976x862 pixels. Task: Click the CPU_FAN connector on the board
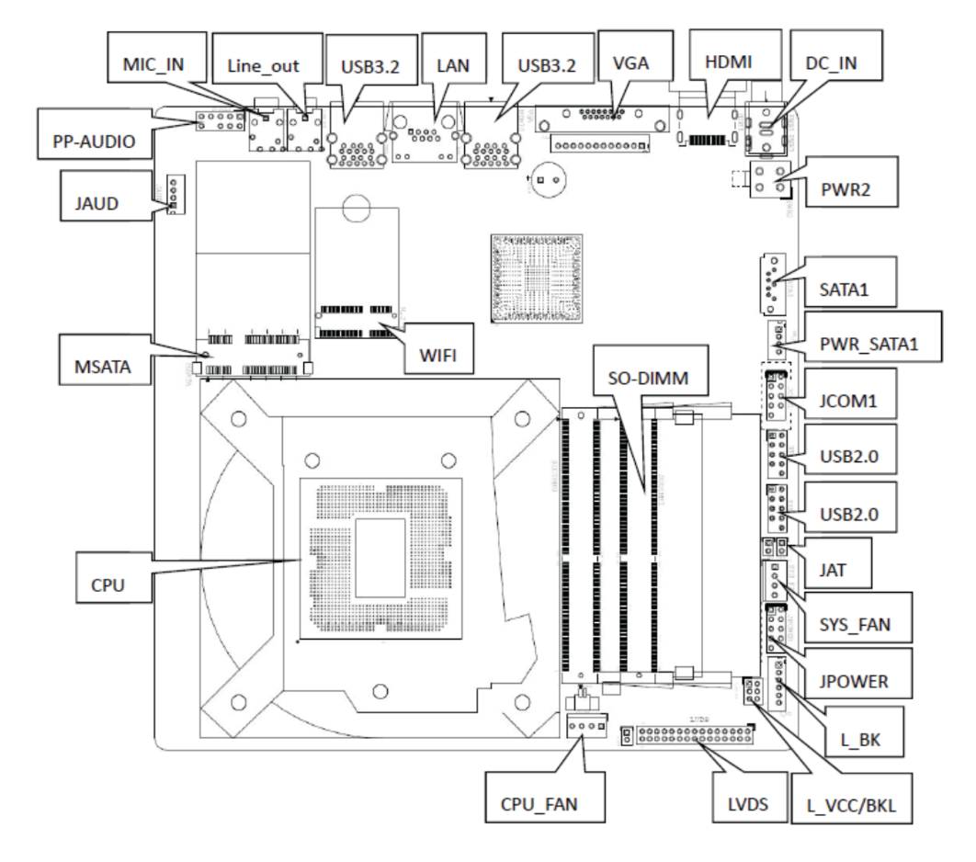[x=584, y=725]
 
